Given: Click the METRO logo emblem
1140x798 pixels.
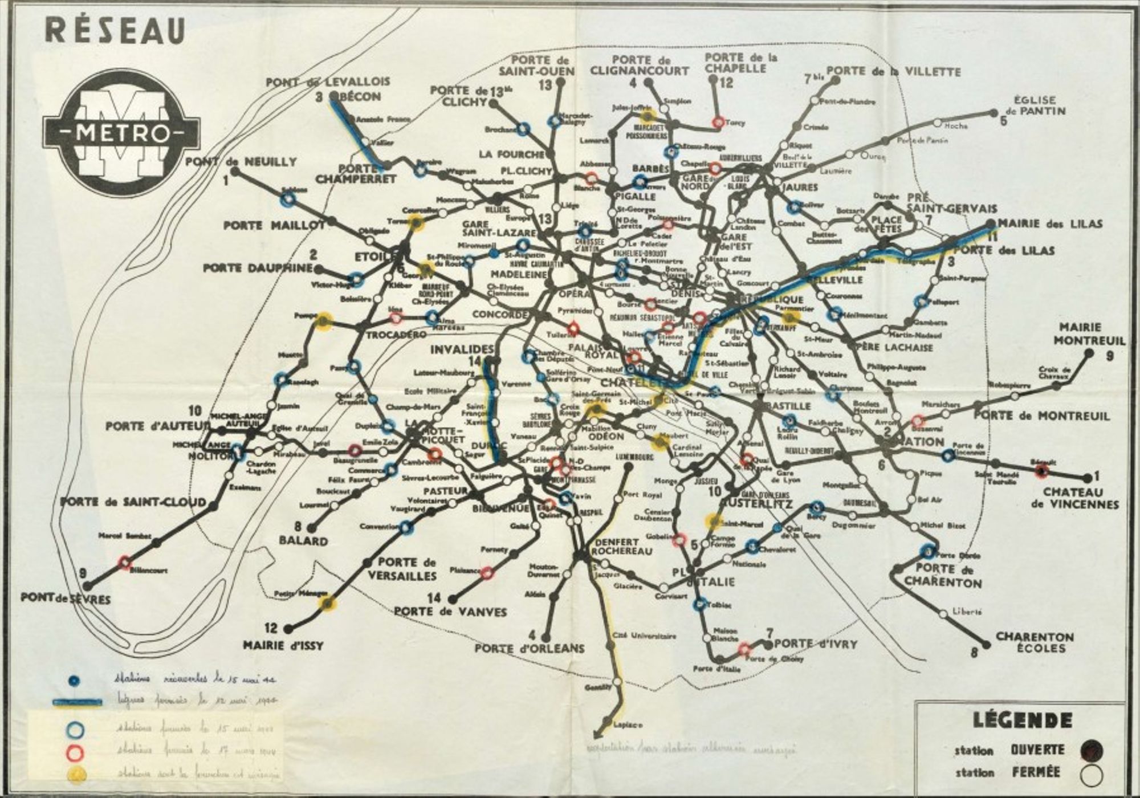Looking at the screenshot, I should (x=121, y=133).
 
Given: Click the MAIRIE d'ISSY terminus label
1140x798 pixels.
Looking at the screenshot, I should (x=283, y=646).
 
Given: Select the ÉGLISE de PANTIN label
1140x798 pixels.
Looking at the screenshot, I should (x=1039, y=105).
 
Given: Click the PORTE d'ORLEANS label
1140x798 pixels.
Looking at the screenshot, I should (x=530, y=648).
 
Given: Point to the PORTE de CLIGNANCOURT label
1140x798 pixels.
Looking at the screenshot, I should (x=640, y=66).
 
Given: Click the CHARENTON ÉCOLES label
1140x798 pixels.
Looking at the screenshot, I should (x=1035, y=642).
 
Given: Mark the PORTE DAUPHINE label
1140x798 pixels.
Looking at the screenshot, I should (x=258, y=267).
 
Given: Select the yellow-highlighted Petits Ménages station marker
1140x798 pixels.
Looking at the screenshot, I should (x=327, y=604).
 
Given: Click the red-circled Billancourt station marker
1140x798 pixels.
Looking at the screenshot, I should (x=124, y=563).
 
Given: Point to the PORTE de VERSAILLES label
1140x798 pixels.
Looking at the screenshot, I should (x=402, y=569).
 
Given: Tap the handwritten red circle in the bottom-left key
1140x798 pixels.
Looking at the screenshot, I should (x=76, y=752).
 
